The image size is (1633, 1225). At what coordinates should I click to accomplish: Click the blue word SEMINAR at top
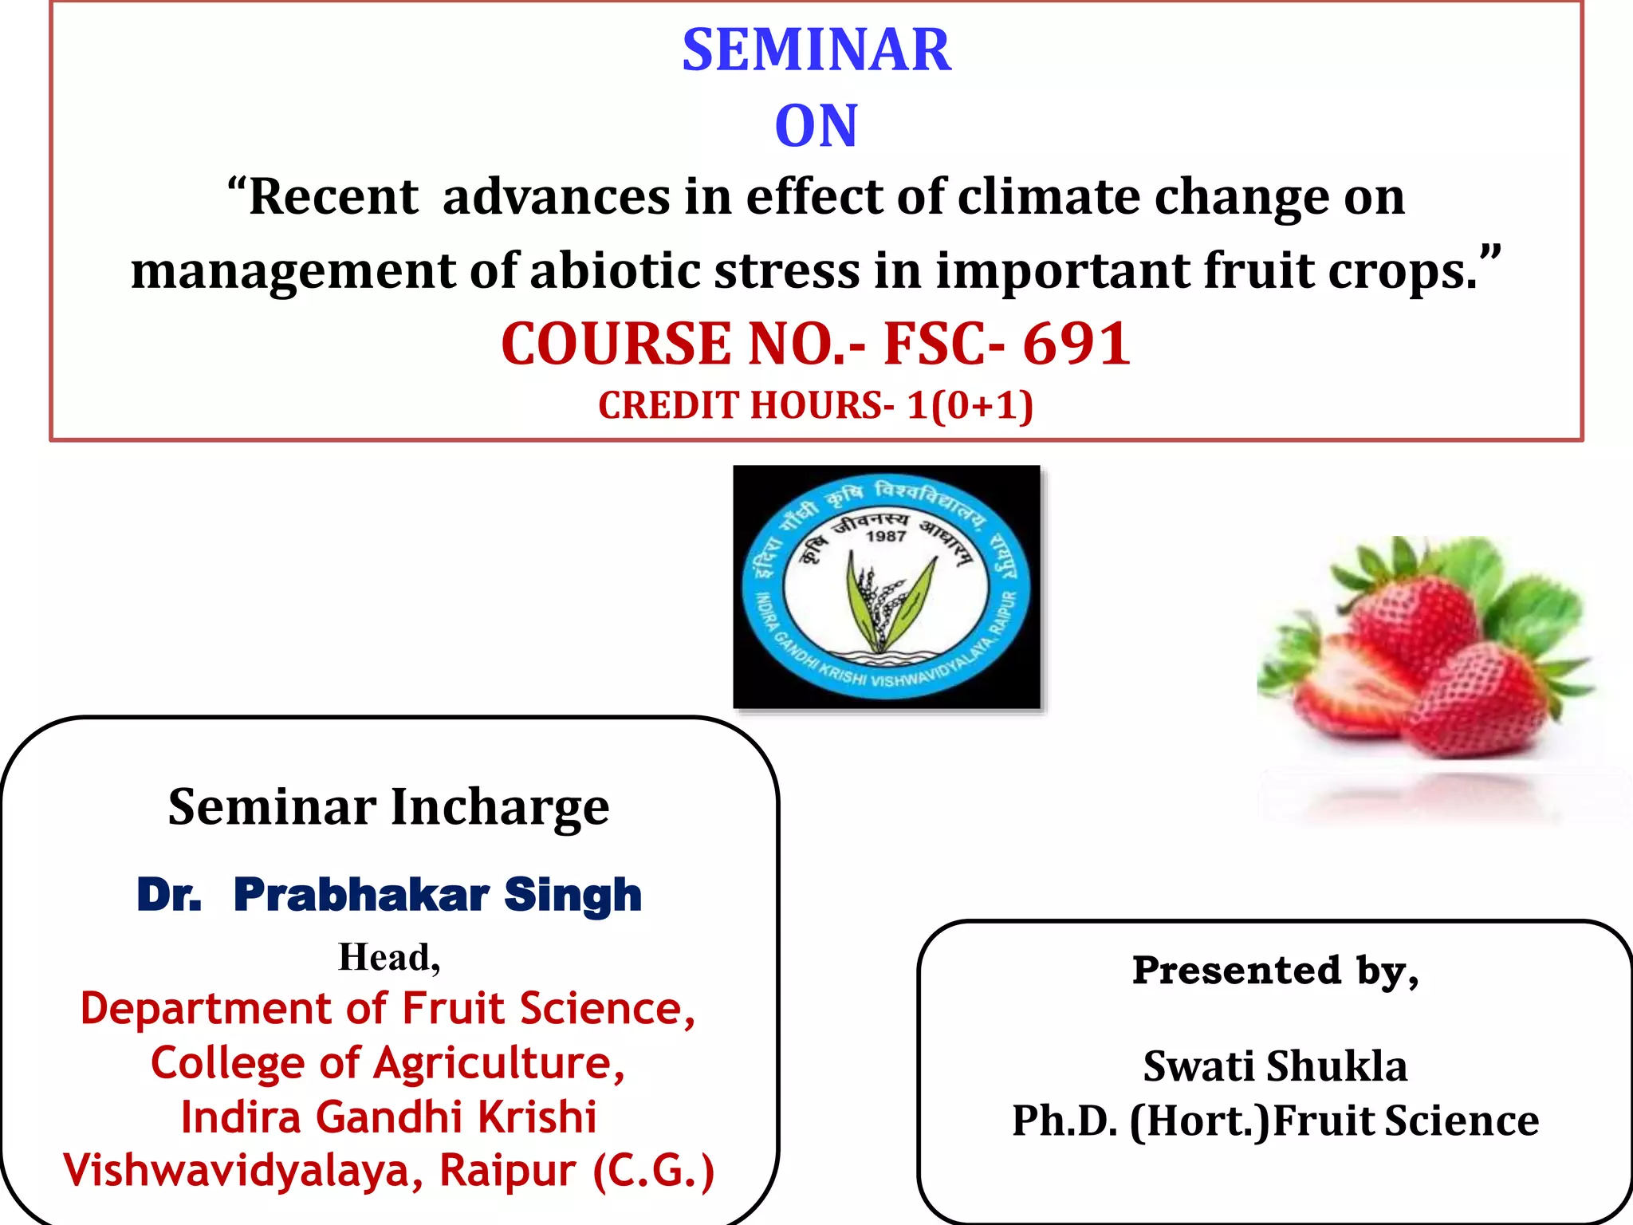point(816,50)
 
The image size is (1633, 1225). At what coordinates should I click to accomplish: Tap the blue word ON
point(816,126)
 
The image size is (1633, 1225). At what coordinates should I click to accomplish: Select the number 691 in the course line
point(1076,344)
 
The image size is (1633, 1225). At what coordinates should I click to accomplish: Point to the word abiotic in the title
point(613,271)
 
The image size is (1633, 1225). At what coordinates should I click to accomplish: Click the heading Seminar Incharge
point(388,807)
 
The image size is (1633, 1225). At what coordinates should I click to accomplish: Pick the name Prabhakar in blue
point(361,894)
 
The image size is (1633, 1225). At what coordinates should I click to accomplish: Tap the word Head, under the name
point(389,957)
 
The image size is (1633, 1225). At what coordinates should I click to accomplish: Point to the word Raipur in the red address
point(507,1171)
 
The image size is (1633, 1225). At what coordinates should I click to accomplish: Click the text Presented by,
point(1275,971)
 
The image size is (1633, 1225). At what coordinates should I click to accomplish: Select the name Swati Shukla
point(1275,1066)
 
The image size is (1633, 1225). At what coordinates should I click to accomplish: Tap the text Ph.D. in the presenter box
point(1065,1121)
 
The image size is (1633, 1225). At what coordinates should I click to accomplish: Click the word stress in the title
point(787,271)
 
